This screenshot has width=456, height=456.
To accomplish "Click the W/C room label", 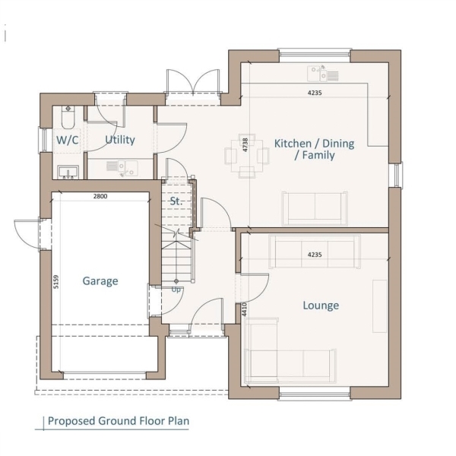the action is coord(68,140).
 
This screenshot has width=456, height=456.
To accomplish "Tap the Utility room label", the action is coord(120,140).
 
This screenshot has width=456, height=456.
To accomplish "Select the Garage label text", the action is coord(100,281).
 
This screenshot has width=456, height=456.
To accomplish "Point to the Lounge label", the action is coord(321,306).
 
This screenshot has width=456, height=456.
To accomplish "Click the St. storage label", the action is coord(176,201).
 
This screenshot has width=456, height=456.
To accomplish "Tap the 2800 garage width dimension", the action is coord(100,196).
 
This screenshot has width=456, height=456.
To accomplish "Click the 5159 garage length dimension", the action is coord(56,282).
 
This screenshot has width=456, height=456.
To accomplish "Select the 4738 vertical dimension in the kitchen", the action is coord(245,144).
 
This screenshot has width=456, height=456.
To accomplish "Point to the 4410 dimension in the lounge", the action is coord(244,309).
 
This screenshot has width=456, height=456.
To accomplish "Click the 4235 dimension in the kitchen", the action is coord(315,93).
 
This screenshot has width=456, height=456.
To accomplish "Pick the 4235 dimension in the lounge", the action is coord(315,255).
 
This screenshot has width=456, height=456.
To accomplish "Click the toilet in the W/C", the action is coord(68,117).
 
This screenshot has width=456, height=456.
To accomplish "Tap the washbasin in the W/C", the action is coord(68,173).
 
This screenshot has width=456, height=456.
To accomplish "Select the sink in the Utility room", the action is coord(122,169).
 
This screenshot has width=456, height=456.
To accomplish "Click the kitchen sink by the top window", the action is coord(323,73).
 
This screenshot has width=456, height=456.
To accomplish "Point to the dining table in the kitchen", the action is coord(247,156).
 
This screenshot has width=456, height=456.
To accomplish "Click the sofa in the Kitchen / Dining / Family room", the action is coord(315,208).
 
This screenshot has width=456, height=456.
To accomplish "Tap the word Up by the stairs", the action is coord(176,290).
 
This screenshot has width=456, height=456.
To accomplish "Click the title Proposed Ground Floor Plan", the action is coord(119,421).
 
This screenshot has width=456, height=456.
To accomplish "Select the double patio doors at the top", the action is coord(193,82).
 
